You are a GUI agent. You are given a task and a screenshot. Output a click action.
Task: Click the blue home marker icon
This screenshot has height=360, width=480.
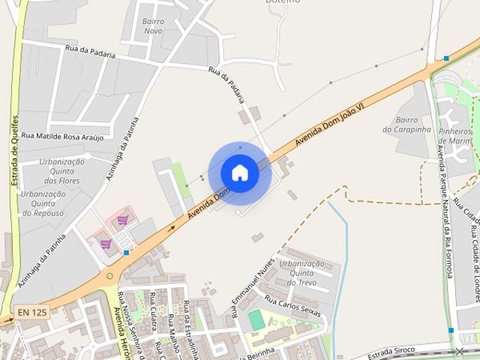(x=240, y=173)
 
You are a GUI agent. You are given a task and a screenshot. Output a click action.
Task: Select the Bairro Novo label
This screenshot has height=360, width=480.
(x=153, y=25)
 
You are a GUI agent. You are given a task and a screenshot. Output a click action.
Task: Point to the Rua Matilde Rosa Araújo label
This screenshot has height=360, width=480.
(x=63, y=136)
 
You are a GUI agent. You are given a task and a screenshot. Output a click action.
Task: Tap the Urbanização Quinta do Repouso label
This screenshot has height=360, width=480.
(x=43, y=203)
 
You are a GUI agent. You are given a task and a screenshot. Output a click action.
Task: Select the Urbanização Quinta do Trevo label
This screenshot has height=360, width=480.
(x=301, y=273)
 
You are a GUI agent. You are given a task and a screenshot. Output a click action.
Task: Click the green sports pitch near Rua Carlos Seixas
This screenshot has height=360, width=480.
(x=256, y=320)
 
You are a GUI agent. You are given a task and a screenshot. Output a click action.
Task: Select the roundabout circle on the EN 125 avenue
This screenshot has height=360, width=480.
(x=111, y=276)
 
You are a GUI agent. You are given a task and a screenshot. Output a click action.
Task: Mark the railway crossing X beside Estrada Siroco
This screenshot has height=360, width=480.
(x=460, y=351)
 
